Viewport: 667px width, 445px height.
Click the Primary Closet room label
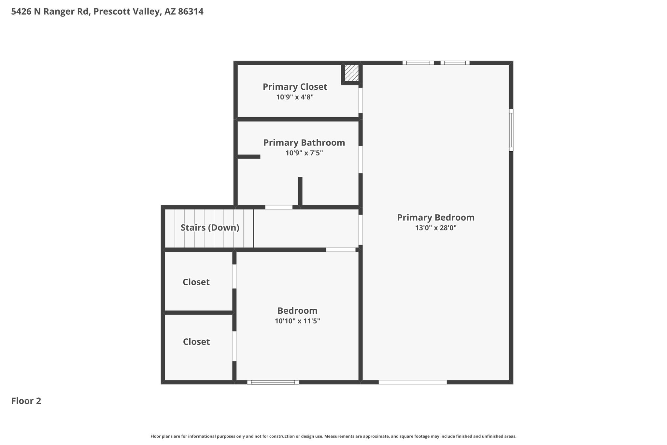pyautogui.click(x=295, y=87)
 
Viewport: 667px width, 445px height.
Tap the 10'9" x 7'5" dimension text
pyautogui.click(x=304, y=153)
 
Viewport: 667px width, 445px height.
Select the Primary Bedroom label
pyautogui.click(x=436, y=217)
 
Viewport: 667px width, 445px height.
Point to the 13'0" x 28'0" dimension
pyautogui.click(x=436, y=228)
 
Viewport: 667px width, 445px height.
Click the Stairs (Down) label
pyautogui.click(x=210, y=228)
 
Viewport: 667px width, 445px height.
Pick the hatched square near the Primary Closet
pyautogui.click(x=352, y=73)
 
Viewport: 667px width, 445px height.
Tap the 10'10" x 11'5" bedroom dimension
pyautogui.click(x=297, y=321)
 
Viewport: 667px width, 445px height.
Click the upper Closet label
pyautogui.click(x=196, y=282)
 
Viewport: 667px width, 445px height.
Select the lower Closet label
pyautogui.click(x=196, y=342)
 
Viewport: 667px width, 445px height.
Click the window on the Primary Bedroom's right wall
pyautogui.click(x=511, y=130)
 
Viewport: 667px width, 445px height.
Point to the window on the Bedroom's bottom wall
pyautogui.click(x=273, y=382)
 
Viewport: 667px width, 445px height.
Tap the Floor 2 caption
pyautogui.click(x=26, y=401)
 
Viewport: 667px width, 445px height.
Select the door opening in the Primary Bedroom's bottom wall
pyautogui.click(x=413, y=382)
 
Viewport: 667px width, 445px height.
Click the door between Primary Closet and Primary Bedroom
pyautogui.click(x=361, y=100)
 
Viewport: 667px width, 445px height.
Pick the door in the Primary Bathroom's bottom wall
pyautogui.click(x=279, y=207)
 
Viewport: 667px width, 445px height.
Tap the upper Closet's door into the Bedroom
pyautogui.click(x=234, y=276)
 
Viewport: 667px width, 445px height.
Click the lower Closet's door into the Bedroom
pyautogui.click(x=234, y=346)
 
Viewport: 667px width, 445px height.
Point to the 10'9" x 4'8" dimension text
pyautogui.click(x=295, y=97)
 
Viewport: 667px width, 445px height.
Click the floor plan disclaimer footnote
pyautogui.click(x=333, y=436)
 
